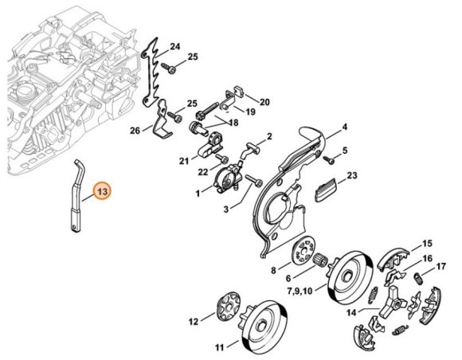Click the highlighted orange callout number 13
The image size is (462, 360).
(102, 191)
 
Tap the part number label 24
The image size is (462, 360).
(175, 46)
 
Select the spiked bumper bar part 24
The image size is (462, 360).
(151, 72)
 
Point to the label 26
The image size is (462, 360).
(135, 130)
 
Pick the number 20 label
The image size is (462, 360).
(264, 102)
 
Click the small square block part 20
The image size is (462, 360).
(239, 91)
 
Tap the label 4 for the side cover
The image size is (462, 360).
(344, 127)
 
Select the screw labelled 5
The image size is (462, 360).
(328, 160)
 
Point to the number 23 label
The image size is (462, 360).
(351, 175)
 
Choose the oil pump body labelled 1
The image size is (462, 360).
(228, 178)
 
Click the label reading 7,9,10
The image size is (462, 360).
(300, 292)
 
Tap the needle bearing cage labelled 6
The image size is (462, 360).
(319, 260)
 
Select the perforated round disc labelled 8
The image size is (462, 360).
(303, 249)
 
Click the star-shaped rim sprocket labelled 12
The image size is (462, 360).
(229, 307)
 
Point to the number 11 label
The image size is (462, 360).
(219, 347)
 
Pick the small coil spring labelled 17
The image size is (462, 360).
(417, 279)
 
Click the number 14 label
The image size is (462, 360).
(351, 312)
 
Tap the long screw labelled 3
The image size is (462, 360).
(253, 180)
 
